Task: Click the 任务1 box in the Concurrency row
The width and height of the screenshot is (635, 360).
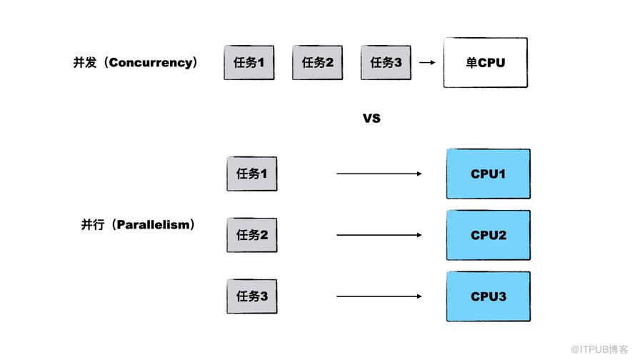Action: point(249,62)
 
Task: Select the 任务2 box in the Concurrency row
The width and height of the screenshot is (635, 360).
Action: point(317,62)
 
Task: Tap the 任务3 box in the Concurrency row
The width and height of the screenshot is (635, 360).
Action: point(386,62)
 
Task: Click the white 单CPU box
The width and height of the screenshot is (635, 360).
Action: point(486,62)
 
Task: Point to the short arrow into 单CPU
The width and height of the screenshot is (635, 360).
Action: point(427,62)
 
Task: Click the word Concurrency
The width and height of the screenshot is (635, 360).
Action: point(150,62)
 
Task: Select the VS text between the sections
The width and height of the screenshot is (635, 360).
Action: point(371,119)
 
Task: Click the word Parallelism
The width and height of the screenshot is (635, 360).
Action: point(153,224)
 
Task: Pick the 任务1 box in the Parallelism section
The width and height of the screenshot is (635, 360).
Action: point(252,174)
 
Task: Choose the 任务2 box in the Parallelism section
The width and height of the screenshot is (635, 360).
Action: point(252,235)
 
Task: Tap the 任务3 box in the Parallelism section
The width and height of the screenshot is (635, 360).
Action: point(252,296)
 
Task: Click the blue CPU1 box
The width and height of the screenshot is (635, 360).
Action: point(489,174)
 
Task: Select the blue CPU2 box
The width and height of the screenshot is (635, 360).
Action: point(489,235)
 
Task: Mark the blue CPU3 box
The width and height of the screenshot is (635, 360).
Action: point(489,296)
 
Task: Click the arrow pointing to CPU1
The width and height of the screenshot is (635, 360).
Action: point(379,174)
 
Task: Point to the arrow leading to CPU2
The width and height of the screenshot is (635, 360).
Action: point(379,235)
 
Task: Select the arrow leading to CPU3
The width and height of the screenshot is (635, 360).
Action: point(379,296)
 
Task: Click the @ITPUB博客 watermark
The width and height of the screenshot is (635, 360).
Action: point(599,349)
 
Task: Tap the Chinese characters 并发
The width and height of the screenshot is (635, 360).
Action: point(85,62)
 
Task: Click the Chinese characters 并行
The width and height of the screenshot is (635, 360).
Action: point(93,224)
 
